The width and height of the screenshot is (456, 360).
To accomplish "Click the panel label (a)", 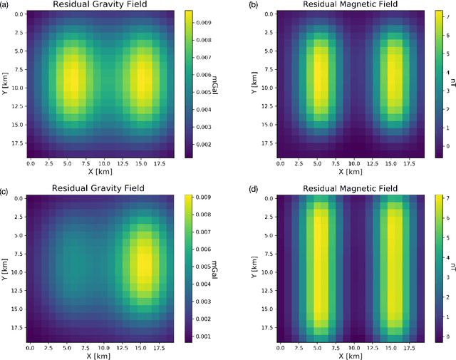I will click(7, 6).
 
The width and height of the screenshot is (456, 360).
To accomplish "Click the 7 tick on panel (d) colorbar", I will click(434, 195).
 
